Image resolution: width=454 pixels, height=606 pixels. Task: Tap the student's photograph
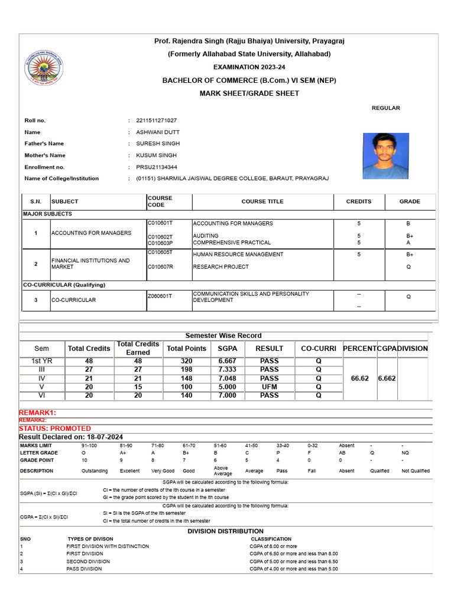(x=385, y=156)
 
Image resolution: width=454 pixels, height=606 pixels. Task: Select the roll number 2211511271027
(x=156, y=120)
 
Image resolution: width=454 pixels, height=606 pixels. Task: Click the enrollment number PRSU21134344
(x=157, y=167)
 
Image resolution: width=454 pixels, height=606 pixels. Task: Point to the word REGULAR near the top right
(x=385, y=108)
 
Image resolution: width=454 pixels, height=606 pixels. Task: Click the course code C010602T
(x=160, y=236)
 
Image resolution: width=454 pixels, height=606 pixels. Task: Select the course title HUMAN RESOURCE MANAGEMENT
(x=229, y=254)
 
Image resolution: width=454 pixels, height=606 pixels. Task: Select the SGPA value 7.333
(x=228, y=369)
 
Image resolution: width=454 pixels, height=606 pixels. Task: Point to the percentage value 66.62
(x=359, y=378)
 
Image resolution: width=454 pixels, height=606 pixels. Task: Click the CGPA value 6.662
(x=387, y=378)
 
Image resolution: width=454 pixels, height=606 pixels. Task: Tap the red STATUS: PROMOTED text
(x=55, y=428)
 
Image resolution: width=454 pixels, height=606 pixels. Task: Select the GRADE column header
(x=409, y=201)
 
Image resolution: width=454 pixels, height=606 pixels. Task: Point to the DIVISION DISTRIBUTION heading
(x=225, y=531)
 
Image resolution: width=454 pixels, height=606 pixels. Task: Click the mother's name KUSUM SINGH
(x=156, y=155)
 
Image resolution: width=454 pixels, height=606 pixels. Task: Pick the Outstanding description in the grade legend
(x=95, y=471)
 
